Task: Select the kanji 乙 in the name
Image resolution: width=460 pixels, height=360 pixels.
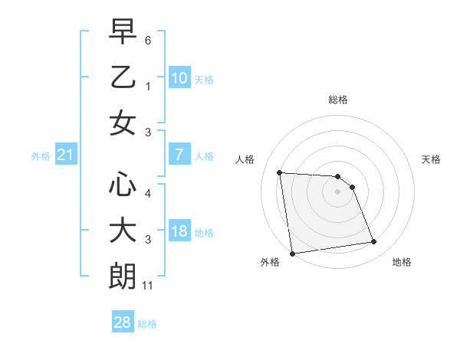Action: [x=123, y=79]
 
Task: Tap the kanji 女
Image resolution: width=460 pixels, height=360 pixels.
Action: [x=123, y=124]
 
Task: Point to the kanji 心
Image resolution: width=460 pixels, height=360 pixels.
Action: [x=123, y=185]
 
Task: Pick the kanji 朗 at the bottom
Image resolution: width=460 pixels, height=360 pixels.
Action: [x=123, y=277]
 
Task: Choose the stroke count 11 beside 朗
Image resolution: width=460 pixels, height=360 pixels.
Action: [x=149, y=286]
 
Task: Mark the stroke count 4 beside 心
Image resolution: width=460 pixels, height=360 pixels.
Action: [x=148, y=193]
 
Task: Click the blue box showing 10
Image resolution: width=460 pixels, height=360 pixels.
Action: [x=179, y=78]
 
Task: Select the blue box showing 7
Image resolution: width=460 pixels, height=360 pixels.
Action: [x=179, y=155]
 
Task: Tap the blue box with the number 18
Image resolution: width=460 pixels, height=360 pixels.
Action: [x=179, y=231]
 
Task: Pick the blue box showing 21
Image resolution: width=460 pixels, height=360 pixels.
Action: [x=66, y=155]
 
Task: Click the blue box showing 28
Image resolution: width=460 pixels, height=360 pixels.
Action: [x=122, y=322]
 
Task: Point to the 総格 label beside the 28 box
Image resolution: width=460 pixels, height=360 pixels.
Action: [x=147, y=324]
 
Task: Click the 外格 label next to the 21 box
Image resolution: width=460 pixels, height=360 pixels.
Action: [x=41, y=156]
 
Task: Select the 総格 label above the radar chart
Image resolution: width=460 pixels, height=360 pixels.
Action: [x=338, y=100]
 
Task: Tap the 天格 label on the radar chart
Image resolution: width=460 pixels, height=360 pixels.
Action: [x=432, y=159]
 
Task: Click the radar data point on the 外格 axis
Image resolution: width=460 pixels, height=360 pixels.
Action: [x=292, y=253]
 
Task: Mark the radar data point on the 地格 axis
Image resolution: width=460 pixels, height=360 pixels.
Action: [x=373, y=243]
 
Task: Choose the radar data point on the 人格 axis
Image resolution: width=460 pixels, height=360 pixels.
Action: [x=280, y=172]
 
